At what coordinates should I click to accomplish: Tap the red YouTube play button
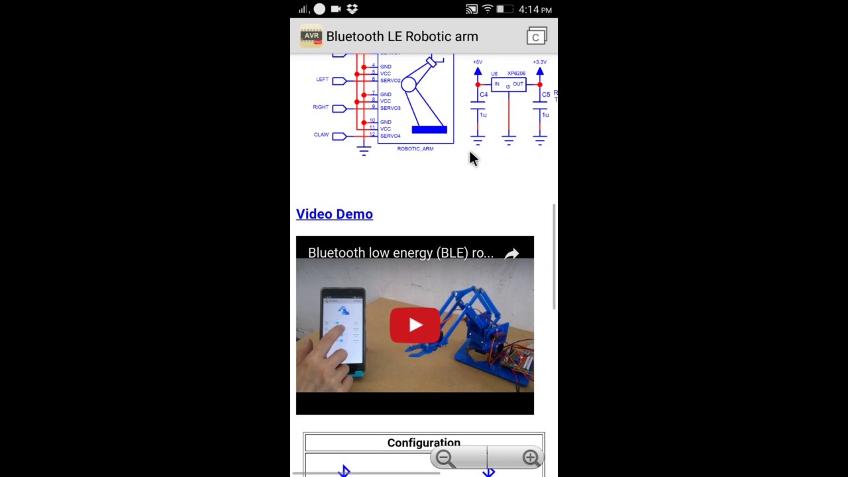[x=415, y=325]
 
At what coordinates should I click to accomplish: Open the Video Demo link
[x=335, y=214]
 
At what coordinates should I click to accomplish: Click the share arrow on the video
[x=511, y=254]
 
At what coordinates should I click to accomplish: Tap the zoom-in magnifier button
[x=530, y=458]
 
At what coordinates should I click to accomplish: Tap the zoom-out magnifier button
[x=445, y=458]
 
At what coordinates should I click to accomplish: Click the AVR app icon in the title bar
[x=311, y=36]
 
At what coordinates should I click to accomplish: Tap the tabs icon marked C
[x=536, y=36]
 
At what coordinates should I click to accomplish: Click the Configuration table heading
[x=423, y=443]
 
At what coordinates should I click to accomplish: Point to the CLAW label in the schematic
[x=321, y=134]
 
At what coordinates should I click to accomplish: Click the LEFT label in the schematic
[x=322, y=79]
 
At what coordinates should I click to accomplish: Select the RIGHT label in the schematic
[x=321, y=107]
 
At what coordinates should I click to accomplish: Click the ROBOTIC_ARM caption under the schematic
[x=415, y=148]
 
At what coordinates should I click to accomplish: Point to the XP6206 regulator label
[x=516, y=74]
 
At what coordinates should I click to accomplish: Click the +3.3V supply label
[x=539, y=62]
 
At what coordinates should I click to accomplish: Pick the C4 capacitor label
[x=484, y=95]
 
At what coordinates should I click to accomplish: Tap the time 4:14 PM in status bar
[x=535, y=10]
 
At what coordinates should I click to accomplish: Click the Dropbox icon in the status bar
[x=352, y=9]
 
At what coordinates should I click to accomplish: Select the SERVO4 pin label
[x=390, y=136]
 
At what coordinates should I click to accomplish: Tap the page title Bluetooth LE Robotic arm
[x=402, y=36]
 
